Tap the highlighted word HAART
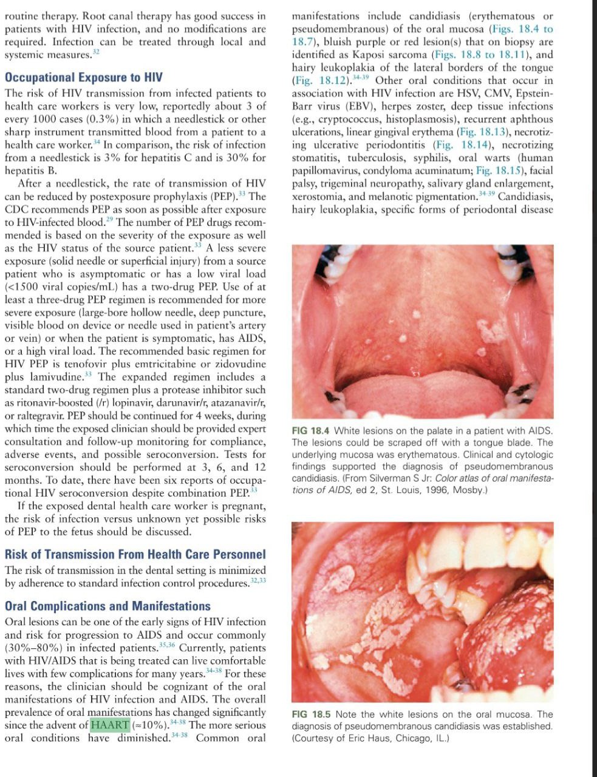110,725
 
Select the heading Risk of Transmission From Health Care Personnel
135,554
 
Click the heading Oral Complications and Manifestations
107,606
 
